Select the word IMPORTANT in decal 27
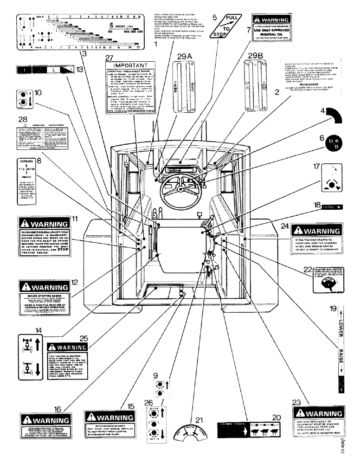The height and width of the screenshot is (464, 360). click(131, 65)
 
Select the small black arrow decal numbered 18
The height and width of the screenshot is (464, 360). click(331, 208)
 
